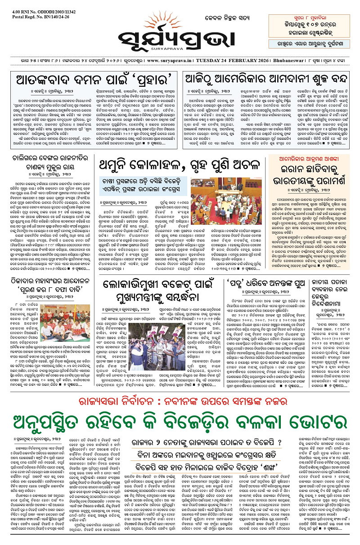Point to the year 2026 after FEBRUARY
(252, 49)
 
